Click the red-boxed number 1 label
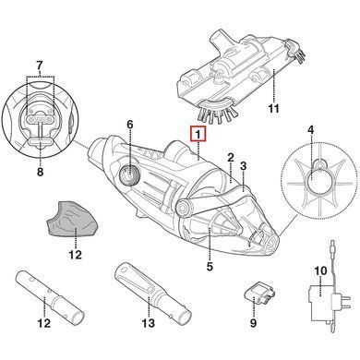(x=199, y=134)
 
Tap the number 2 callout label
(x=231, y=158)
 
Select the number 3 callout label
(x=244, y=166)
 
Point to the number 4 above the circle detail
(x=311, y=130)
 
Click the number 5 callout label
(x=210, y=267)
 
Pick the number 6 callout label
(x=130, y=125)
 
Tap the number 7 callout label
(x=40, y=66)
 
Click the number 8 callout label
(x=41, y=172)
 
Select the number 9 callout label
(x=253, y=323)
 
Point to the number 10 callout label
(x=320, y=271)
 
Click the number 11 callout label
(x=273, y=108)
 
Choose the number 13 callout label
(x=149, y=323)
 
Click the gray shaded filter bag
(x=73, y=219)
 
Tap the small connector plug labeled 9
(x=259, y=294)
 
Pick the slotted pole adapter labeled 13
(x=153, y=291)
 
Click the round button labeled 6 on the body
(x=129, y=175)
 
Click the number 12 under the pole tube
(x=43, y=323)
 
